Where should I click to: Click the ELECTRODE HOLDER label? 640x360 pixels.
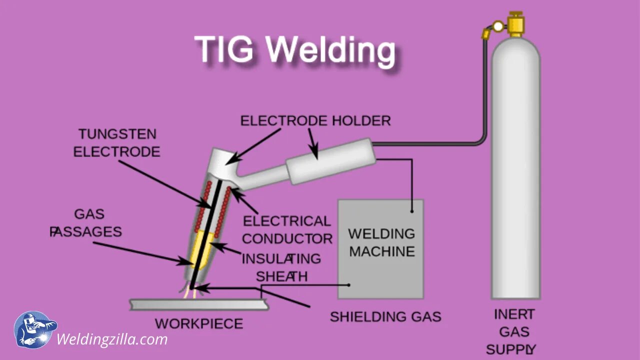pyautogui.click(x=315, y=120)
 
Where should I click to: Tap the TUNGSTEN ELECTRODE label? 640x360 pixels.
pyautogui.click(x=117, y=142)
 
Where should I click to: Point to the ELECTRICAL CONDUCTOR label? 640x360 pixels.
pyautogui.click(x=287, y=229)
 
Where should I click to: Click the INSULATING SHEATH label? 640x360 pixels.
pyautogui.click(x=281, y=267)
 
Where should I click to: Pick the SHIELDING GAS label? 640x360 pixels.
pyautogui.click(x=385, y=316)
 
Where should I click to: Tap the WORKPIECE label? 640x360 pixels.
pyautogui.click(x=199, y=323)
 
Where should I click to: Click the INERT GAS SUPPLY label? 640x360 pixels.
pyautogui.click(x=513, y=331)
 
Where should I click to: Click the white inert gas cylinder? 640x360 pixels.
pyautogui.click(x=515, y=170)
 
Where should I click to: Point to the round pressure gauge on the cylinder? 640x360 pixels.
pyautogui.click(x=498, y=26)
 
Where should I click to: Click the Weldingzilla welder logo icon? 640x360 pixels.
pyautogui.click(x=34, y=329)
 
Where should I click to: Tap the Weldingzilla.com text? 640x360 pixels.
pyautogui.click(x=112, y=339)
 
